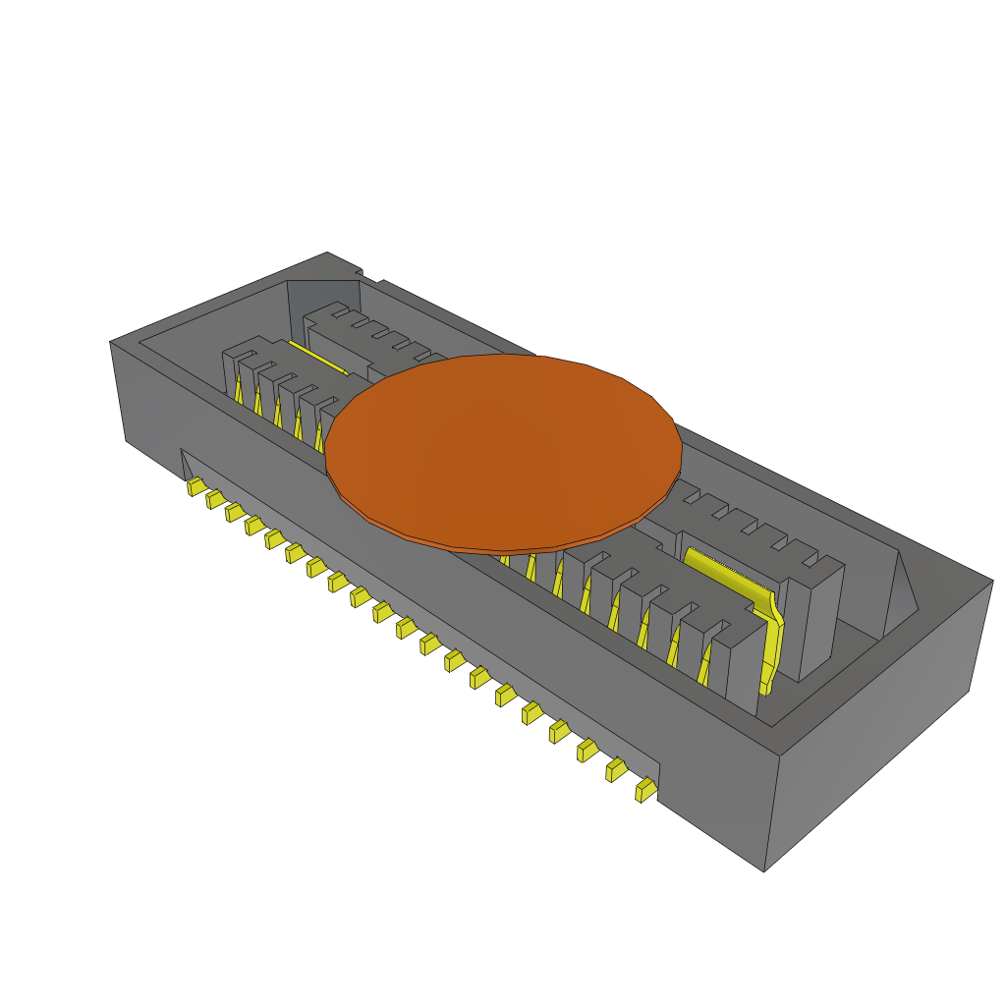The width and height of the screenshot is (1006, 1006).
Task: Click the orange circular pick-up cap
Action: point(503,452)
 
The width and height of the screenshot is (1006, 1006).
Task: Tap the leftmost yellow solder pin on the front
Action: point(196,486)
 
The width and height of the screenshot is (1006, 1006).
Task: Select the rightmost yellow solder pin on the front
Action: point(645,790)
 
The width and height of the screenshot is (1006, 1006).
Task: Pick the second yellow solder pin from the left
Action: point(214,500)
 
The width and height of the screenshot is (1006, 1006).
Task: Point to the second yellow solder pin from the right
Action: point(616,770)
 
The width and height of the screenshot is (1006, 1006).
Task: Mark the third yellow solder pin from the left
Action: point(234,513)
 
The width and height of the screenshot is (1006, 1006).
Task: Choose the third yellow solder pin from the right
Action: point(587,752)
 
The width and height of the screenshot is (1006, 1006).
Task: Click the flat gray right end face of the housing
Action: point(874,727)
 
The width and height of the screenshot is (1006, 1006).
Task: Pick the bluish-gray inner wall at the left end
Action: point(319,295)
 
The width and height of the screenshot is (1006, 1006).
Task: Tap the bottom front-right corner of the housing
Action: point(764,870)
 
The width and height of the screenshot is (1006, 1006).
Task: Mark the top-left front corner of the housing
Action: point(110,342)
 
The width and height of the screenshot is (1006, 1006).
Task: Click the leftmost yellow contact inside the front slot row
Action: point(239,391)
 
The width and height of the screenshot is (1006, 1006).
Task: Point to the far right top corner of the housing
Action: point(992,581)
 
